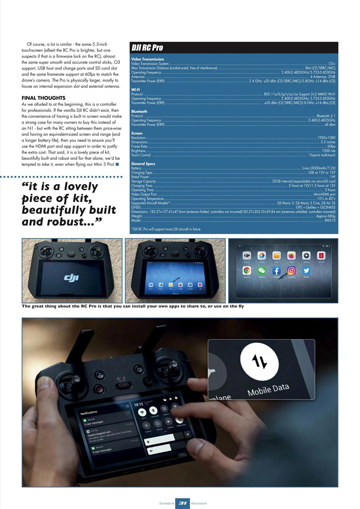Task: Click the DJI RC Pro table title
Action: click(x=147, y=48)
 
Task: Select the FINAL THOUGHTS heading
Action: click(x=43, y=98)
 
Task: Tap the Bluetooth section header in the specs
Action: click(x=139, y=111)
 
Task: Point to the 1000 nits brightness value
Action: click(x=329, y=151)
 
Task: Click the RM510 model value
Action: click(x=330, y=220)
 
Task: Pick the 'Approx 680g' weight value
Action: click(x=326, y=216)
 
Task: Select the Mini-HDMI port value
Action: click(x=325, y=194)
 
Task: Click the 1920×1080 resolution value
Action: click(x=327, y=138)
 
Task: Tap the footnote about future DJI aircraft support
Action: click(x=166, y=229)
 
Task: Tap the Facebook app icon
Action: click(x=276, y=270)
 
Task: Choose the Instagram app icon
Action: click(x=291, y=270)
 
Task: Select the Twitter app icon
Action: click(x=306, y=270)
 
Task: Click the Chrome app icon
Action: click(x=247, y=270)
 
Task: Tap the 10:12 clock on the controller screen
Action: click(x=138, y=404)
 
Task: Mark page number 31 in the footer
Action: click(x=183, y=503)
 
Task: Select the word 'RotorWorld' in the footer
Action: click(x=199, y=503)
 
